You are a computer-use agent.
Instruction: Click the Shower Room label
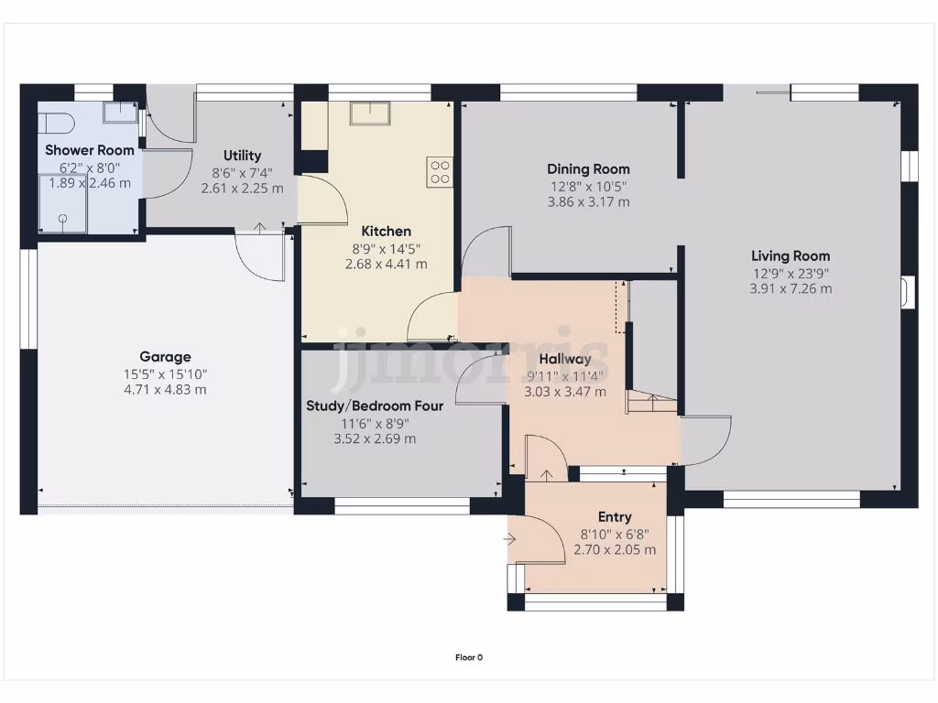(x=90, y=150)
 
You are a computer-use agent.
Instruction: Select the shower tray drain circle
(x=63, y=219)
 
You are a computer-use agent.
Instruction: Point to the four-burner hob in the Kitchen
(x=440, y=173)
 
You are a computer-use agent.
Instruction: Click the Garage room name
(x=165, y=357)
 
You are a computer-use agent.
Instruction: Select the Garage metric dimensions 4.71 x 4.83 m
(x=165, y=390)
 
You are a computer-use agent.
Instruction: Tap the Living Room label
(x=791, y=256)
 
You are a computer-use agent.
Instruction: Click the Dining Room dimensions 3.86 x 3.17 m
(x=588, y=202)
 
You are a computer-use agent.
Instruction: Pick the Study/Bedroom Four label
(x=375, y=406)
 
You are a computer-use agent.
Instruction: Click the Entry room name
(x=615, y=517)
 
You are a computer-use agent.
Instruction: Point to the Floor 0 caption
(x=469, y=657)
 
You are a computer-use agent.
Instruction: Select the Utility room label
(x=243, y=156)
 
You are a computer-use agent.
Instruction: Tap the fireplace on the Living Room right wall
(x=907, y=292)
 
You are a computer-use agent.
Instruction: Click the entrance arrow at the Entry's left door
(x=510, y=539)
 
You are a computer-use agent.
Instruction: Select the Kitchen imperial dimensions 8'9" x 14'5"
(x=386, y=248)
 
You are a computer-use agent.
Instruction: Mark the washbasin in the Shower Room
(x=118, y=112)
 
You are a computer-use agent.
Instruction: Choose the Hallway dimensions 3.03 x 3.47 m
(x=564, y=392)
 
